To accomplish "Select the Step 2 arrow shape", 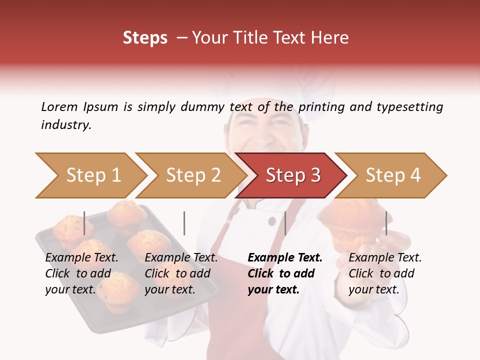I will click(193, 175).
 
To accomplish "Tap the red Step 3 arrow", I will click(293, 175).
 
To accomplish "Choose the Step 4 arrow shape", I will click(393, 175).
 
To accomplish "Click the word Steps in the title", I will click(145, 38).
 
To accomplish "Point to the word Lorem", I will click(59, 106).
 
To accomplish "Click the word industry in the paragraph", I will click(66, 125).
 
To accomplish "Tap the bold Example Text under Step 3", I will click(285, 257).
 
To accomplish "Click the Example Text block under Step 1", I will click(81, 273).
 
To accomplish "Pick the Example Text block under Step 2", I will click(181, 273).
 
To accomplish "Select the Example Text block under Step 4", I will click(385, 273).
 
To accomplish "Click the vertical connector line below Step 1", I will click(84, 223).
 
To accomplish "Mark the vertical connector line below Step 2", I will click(184, 223).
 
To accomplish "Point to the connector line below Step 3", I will click(285, 223).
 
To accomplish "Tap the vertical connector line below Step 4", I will click(386, 223).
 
